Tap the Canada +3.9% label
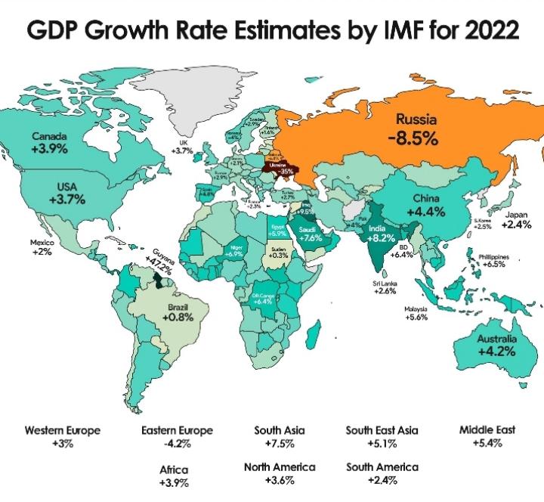(50, 143)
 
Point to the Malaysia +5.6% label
(416, 313)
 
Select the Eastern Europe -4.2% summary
(178, 436)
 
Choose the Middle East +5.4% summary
(487, 435)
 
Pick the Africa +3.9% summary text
(174, 476)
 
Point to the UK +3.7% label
(183, 147)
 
